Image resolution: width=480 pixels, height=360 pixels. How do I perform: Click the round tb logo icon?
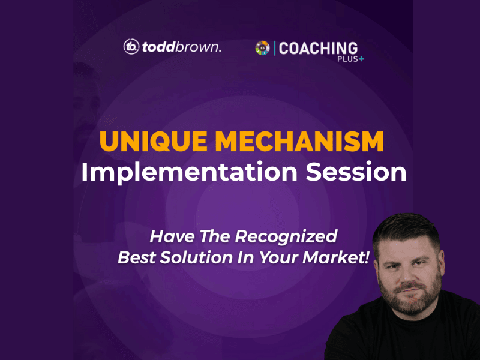[x=131, y=47]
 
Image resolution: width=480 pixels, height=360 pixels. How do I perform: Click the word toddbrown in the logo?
[x=182, y=47]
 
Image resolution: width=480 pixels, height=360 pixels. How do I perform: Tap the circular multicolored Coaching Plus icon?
[x=263, y=48]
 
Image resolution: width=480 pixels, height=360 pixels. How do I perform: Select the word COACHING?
[x=318, y=49]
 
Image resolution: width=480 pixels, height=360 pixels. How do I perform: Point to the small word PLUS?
[x=347, y=59]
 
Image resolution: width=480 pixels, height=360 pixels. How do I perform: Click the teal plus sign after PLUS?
[x=362, y=59]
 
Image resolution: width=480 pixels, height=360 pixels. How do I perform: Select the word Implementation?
[x=189, y=172]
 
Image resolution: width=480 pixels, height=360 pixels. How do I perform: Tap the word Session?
[x=356, y=172]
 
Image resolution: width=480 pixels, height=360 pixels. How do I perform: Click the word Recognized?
[x=286, y=237]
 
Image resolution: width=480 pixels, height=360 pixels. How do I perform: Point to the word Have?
[x=172, y=236]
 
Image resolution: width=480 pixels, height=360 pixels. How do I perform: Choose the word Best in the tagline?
[x=137, y=257]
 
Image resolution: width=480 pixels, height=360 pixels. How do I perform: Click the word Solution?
[x=196, y=257]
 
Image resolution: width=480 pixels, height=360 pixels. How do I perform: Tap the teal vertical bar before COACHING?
[x=275, y=48]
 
